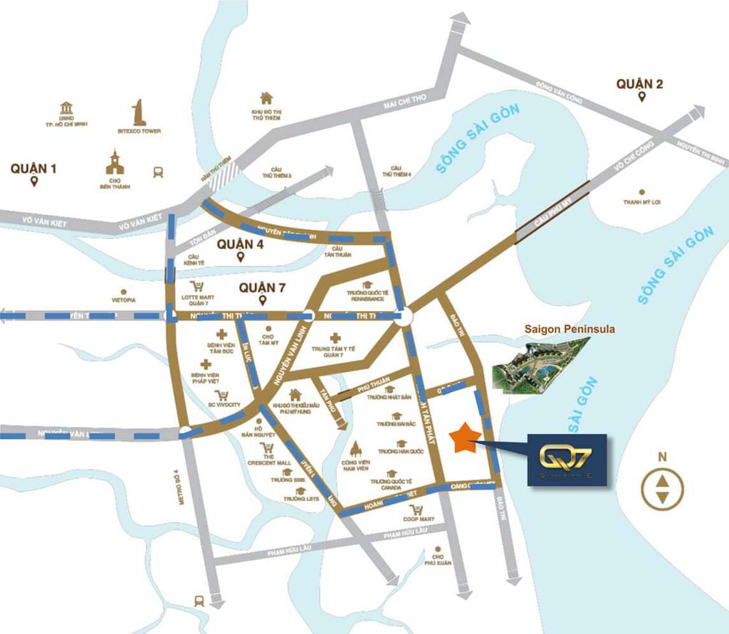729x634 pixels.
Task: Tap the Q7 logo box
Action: tap(567, 460)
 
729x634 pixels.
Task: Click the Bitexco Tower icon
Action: tap(139, 113)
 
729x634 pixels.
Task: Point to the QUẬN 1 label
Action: tap(33, 169)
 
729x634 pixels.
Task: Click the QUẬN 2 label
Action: tap(640, 84)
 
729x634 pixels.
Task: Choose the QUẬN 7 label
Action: tap(262, 287)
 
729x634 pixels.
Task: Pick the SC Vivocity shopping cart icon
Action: tap(221, 395)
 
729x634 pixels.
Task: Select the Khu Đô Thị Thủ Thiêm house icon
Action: tap(266, 98)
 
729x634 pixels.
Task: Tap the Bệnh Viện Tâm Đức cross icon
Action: tap(221, 334)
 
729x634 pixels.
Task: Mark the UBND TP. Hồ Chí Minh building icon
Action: tap(66, 107)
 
